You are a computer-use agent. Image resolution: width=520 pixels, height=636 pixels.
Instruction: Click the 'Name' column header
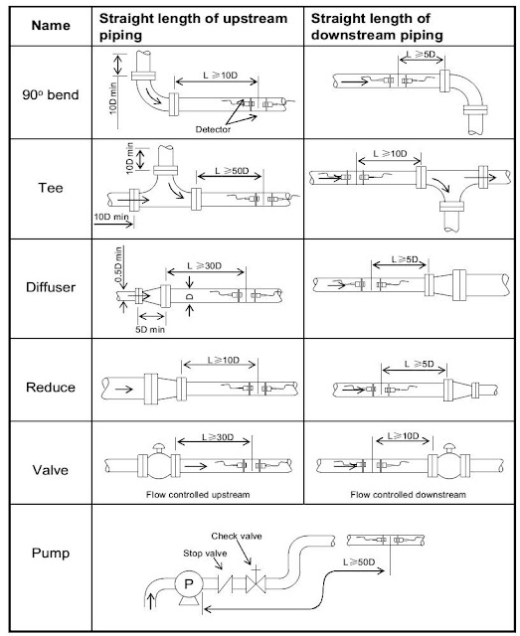coord(51,26)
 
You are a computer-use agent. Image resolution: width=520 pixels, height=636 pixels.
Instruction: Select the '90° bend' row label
coord(51,95)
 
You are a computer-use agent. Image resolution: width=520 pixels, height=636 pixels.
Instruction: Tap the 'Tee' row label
coord(51,188)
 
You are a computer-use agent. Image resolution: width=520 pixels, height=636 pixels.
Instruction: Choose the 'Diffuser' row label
coord(51,287)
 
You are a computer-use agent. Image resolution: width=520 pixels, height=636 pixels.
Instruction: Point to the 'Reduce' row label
coord(51,387)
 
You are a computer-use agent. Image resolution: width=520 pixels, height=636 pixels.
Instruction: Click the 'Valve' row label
coord(51,470)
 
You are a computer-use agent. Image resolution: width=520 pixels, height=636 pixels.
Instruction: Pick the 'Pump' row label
coord(51,554)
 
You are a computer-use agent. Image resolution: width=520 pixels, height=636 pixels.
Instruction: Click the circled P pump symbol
coord(189,583)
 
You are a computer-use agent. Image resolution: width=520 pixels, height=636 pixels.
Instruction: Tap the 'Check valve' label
coord(237,537)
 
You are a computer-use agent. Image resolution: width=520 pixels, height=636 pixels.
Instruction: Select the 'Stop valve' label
coord(205,554)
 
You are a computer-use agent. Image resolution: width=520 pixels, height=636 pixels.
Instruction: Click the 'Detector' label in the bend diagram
coord(213,129)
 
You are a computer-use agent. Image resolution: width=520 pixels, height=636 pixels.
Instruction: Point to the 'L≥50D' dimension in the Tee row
coord(232,170)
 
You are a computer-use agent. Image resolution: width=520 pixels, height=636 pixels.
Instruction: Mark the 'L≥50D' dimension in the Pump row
coord(359,562)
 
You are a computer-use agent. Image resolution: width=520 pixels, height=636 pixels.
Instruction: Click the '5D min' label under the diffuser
coord(150,329)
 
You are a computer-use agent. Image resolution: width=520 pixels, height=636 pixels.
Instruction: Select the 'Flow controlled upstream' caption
coord(198,495)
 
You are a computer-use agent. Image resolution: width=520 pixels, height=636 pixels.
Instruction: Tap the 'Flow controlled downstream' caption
coord(408,495)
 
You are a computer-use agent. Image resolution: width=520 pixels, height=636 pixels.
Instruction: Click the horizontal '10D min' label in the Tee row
coord(111,217)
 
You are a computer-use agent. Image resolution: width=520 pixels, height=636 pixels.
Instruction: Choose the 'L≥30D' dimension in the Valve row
coord(218,437)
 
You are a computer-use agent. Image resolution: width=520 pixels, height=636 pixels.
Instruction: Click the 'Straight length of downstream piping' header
coord(377,27)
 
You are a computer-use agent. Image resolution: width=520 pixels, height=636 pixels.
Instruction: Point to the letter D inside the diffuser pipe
coord(190,297)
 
